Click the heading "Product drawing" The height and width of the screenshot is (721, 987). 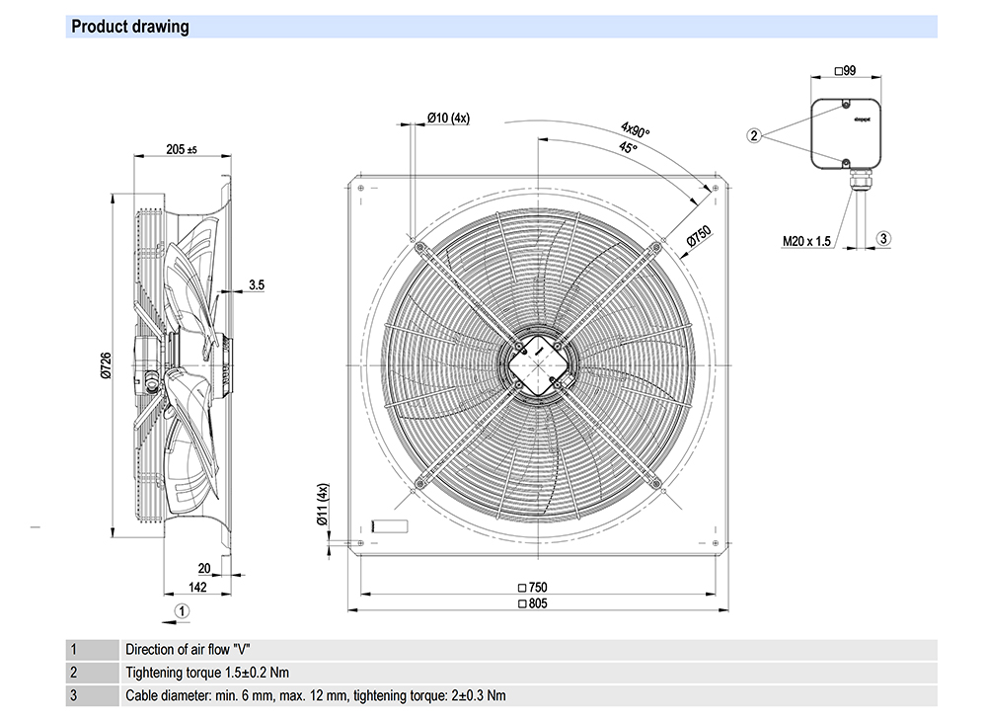click(130, 27)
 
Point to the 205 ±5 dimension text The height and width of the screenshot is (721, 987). click(182, 150)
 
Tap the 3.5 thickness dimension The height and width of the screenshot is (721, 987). click(256, 284)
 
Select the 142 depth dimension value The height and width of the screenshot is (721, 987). click(197, 588)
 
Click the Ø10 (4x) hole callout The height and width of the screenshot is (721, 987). click(448, 118)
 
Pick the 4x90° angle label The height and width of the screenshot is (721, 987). click(635, 130)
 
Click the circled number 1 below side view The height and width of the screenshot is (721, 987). click(181, 611)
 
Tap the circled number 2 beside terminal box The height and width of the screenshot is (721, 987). click(755, 135)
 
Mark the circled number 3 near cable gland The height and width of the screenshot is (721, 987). click(884, 238)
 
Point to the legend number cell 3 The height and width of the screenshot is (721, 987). click(73, 695)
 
